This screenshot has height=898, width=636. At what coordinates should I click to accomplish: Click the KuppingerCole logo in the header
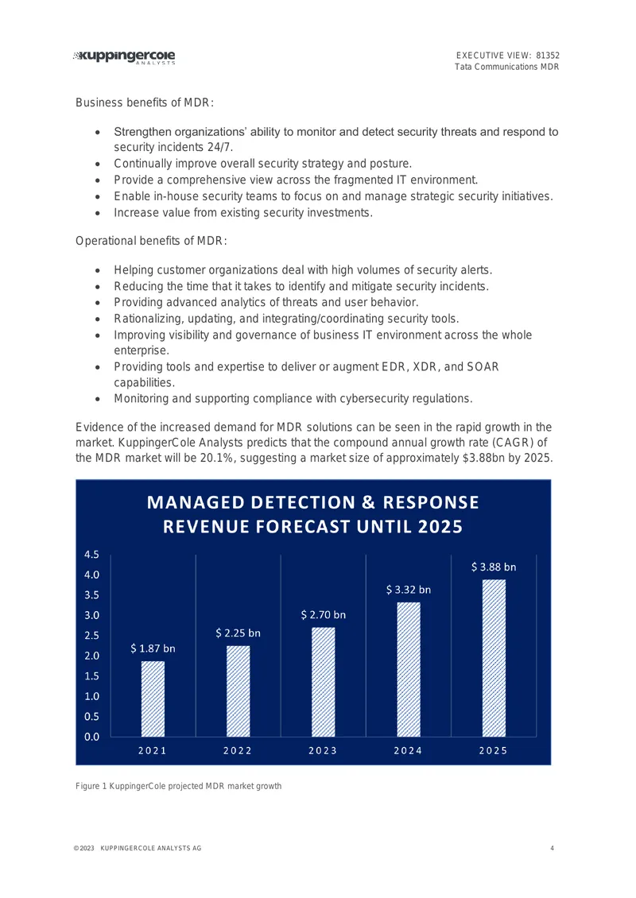[124, 57]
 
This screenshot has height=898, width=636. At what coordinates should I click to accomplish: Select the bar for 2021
[153, 699]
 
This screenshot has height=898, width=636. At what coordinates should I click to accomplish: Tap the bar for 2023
[323, 682]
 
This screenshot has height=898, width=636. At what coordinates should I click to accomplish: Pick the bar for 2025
[494, 658]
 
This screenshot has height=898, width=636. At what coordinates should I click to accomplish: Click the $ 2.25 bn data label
[238, 633]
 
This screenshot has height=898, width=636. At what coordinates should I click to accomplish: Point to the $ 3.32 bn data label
[409, 590]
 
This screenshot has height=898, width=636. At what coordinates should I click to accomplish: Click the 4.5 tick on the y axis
[91, 555]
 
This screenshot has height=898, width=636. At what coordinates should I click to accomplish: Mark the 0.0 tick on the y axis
[91, 737]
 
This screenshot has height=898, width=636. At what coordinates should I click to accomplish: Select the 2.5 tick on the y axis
[91, 635]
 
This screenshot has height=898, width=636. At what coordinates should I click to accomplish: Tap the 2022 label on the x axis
[238, 750]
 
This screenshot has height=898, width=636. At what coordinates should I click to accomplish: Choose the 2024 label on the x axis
[408, 750]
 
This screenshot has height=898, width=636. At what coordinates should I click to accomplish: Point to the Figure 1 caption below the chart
[179, 786]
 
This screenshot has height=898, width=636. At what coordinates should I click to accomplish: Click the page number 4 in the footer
[553, 848]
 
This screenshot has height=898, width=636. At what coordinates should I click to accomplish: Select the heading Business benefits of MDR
[145, 103]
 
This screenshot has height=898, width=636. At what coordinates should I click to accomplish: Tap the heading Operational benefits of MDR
[151, 241]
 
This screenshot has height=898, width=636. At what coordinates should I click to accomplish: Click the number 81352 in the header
[548, 56]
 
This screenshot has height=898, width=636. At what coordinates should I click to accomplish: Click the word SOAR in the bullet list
[483, 366]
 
